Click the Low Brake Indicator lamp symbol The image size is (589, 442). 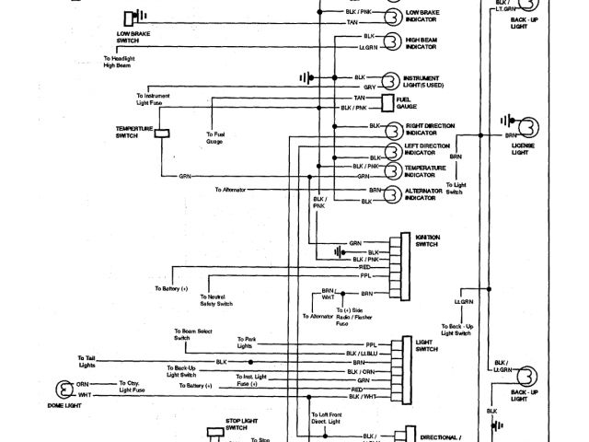point(391,16)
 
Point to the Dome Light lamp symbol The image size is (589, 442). point(64,389)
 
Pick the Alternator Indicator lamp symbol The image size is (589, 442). point(391,192)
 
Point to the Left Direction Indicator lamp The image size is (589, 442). point(391,148)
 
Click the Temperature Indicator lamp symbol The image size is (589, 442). point(391,170)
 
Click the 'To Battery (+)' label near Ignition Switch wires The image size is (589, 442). point(171,288)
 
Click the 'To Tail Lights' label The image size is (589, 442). point(87,360)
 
